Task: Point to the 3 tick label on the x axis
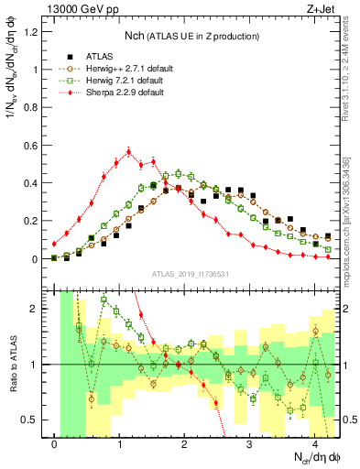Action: (x=250, y=444)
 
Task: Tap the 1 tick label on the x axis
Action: (x=120, y=444)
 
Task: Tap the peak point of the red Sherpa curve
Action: (x=129, y=151)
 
